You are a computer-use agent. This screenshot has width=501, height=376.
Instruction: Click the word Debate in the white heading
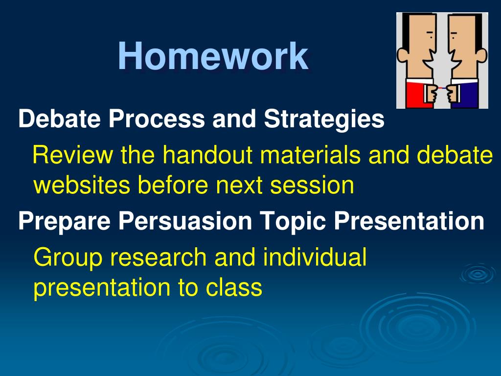pos(59,118)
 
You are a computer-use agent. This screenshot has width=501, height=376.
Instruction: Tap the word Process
pos(156,118)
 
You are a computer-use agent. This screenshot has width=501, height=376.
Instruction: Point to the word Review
pos(73,155)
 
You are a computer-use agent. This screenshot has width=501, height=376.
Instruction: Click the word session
pos(312,186)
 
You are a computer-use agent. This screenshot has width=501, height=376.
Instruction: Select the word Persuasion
pos(185,221)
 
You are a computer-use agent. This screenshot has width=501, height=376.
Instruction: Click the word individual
pos(315,257)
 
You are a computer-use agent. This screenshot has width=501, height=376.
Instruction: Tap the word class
pos(234,287)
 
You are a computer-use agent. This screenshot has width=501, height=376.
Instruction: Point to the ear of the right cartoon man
pos(481,56)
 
